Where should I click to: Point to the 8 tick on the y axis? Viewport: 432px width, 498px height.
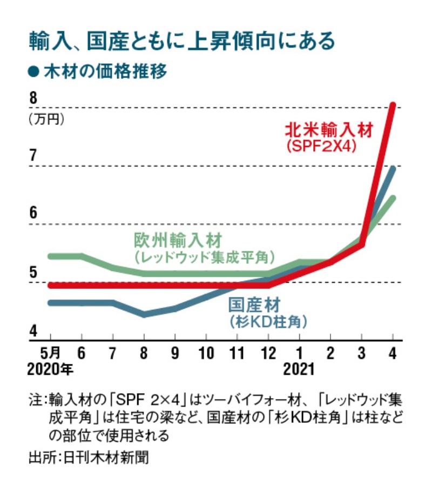coord(33,99)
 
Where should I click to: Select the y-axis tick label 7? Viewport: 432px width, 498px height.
coord(33,156)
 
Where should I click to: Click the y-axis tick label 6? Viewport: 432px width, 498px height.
coord(33,214)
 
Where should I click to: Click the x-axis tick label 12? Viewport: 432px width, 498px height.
coord(268,354)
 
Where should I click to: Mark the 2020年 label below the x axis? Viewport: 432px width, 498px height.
coord(50,370)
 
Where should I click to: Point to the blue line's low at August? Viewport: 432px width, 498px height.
coord(144,314)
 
